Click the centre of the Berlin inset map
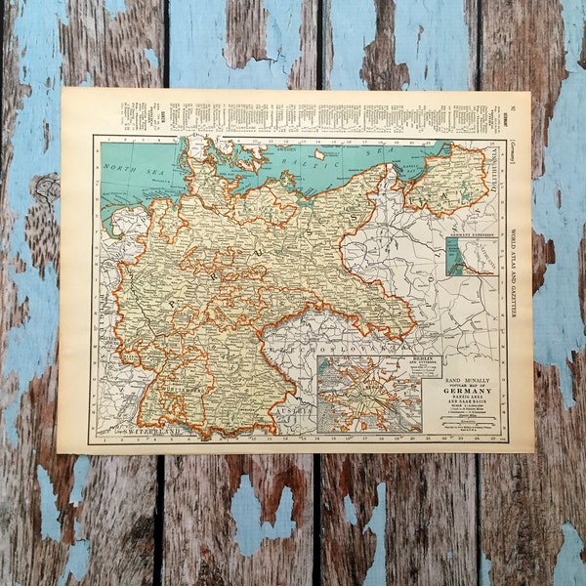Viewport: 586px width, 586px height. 370,397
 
